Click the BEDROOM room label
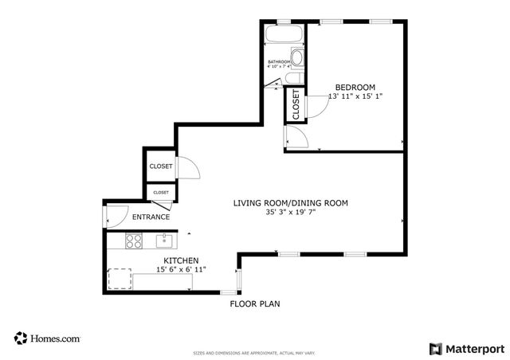click(x=355, y=87)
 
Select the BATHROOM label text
click(x=279, y=62)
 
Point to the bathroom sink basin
click(x=296, y=58)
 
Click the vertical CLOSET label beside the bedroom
click(x=296, y=105)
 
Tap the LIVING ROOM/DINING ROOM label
click(x=290, y=203)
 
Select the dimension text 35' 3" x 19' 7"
click(x=290, y=213)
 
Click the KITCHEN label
click(x=181, y=260)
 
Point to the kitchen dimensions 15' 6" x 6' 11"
click(x=181, y=270)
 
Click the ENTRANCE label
click(x=151, y=217)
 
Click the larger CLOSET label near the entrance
click(x=161, y=166)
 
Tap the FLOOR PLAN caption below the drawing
click(x=255, y=303)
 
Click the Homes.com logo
click(x=47, y=338)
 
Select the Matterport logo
click(x=467, y=348)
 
